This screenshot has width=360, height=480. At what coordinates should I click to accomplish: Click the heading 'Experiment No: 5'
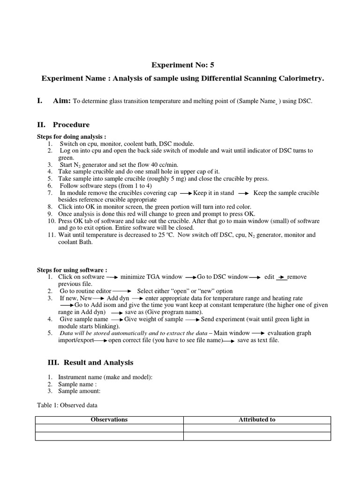(180, 65)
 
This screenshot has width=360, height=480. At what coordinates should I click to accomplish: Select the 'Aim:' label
(61, 101)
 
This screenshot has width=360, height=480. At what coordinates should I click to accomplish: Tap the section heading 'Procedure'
(71, 125)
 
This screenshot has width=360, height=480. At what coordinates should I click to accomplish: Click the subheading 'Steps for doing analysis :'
(72, 136)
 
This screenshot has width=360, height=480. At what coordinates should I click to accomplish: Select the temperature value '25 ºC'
(165, 235)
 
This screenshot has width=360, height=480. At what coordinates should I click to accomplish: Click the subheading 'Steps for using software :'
(72, 270)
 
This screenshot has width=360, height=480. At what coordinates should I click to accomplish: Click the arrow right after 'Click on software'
(112, 277)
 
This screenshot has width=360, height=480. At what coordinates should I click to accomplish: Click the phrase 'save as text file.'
(258, 340)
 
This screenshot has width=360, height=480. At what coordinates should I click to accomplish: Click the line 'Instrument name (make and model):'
(105, 377)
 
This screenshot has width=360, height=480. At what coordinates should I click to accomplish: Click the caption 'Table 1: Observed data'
(67, 405)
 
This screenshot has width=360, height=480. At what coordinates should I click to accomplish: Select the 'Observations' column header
(109, 420)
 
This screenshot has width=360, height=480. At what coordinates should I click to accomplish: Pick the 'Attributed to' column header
(257, 420)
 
